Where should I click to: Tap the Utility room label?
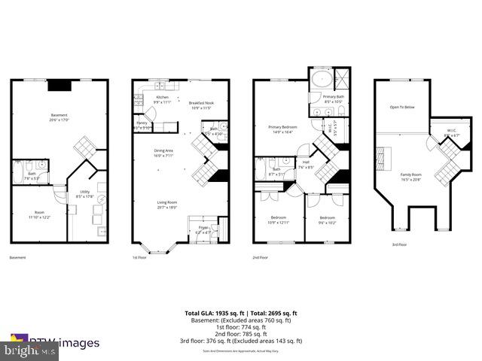click(84, 193)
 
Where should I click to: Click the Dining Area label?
click(164, 153)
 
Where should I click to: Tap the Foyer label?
click(203, 229)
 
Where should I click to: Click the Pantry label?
click(142, 124)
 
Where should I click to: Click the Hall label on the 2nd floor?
click(307, 163)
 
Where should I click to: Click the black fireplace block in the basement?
click(58, 85)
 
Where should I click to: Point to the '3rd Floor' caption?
click(400, 244)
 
